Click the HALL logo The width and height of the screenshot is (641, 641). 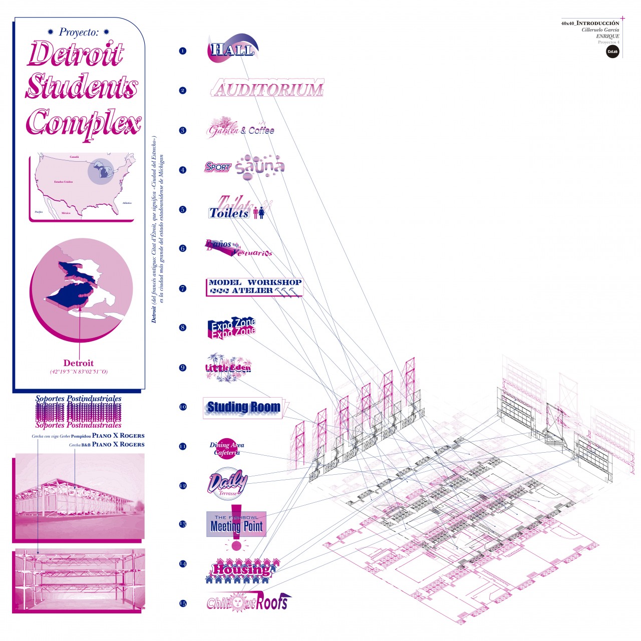(x=232, y=49)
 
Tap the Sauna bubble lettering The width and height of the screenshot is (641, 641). (x=260, y=167)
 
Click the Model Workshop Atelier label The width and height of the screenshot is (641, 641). (x=254, y=287)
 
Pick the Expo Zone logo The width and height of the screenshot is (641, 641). (x=232, y=328)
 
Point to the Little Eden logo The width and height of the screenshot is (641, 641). (x=228, y=368)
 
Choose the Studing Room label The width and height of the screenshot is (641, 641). (x=243, y=408)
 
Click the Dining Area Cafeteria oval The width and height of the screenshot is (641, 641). (x=227, y=449)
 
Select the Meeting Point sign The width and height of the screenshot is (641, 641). (x=236, y=525)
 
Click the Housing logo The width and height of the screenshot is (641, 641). (x=241, y=570)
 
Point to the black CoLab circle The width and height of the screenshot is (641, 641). (x=612, y=52)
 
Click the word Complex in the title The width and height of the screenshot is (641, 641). (x=84, y=123)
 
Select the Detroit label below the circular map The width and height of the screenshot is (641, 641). (x=79, y=363)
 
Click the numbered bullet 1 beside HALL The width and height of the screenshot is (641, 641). (x=182, y=51)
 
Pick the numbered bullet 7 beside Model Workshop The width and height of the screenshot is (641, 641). (x=182, y=288)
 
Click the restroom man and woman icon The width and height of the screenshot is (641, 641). (x=258, y=213)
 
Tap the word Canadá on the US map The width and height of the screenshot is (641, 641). (x=74, y=157)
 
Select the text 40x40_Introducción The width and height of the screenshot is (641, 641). (x=590, y=24)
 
